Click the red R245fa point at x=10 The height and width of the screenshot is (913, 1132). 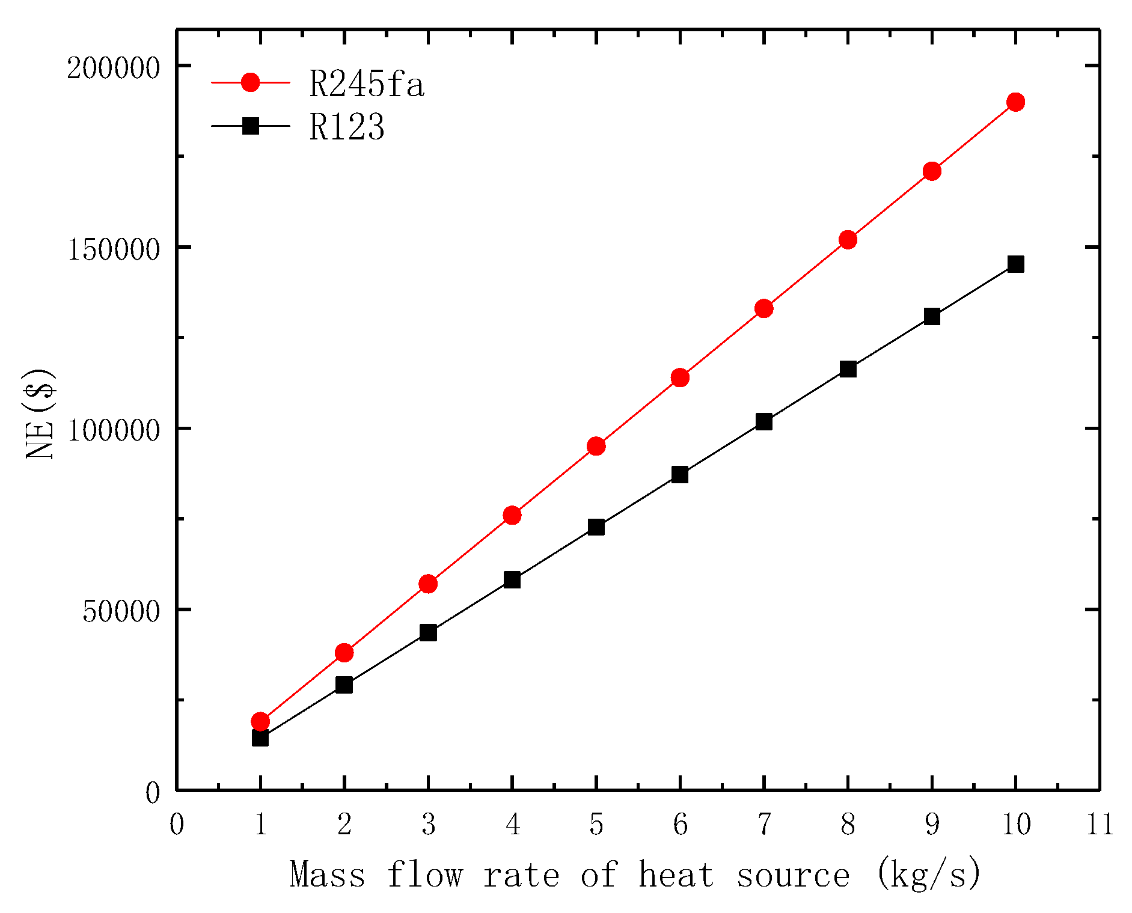point(1015,102)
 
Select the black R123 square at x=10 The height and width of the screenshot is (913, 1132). point(1015,264)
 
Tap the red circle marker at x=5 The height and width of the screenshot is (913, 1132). point(596,446)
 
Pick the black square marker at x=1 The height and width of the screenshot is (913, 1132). point(260,737)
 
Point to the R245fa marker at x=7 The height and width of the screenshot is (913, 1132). point(763,308)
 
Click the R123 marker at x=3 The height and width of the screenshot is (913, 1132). point(428,632)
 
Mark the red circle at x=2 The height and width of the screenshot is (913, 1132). point(344,653)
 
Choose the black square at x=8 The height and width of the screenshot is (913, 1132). point(848,369)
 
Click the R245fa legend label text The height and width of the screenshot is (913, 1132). point(367,84)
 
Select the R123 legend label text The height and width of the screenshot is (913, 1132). point(347,127)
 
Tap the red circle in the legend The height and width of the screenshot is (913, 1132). point(250,82)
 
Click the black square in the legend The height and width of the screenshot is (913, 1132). point(250,126)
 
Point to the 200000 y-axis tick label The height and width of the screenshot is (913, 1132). point(113,68)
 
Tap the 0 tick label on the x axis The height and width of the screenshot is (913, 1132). point(177,825)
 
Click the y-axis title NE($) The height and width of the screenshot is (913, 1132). point(41,414)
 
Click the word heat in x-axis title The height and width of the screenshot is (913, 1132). point(676,875)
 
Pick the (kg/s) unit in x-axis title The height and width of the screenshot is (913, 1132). point(928,875)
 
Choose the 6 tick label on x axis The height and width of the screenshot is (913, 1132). point(680,825)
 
